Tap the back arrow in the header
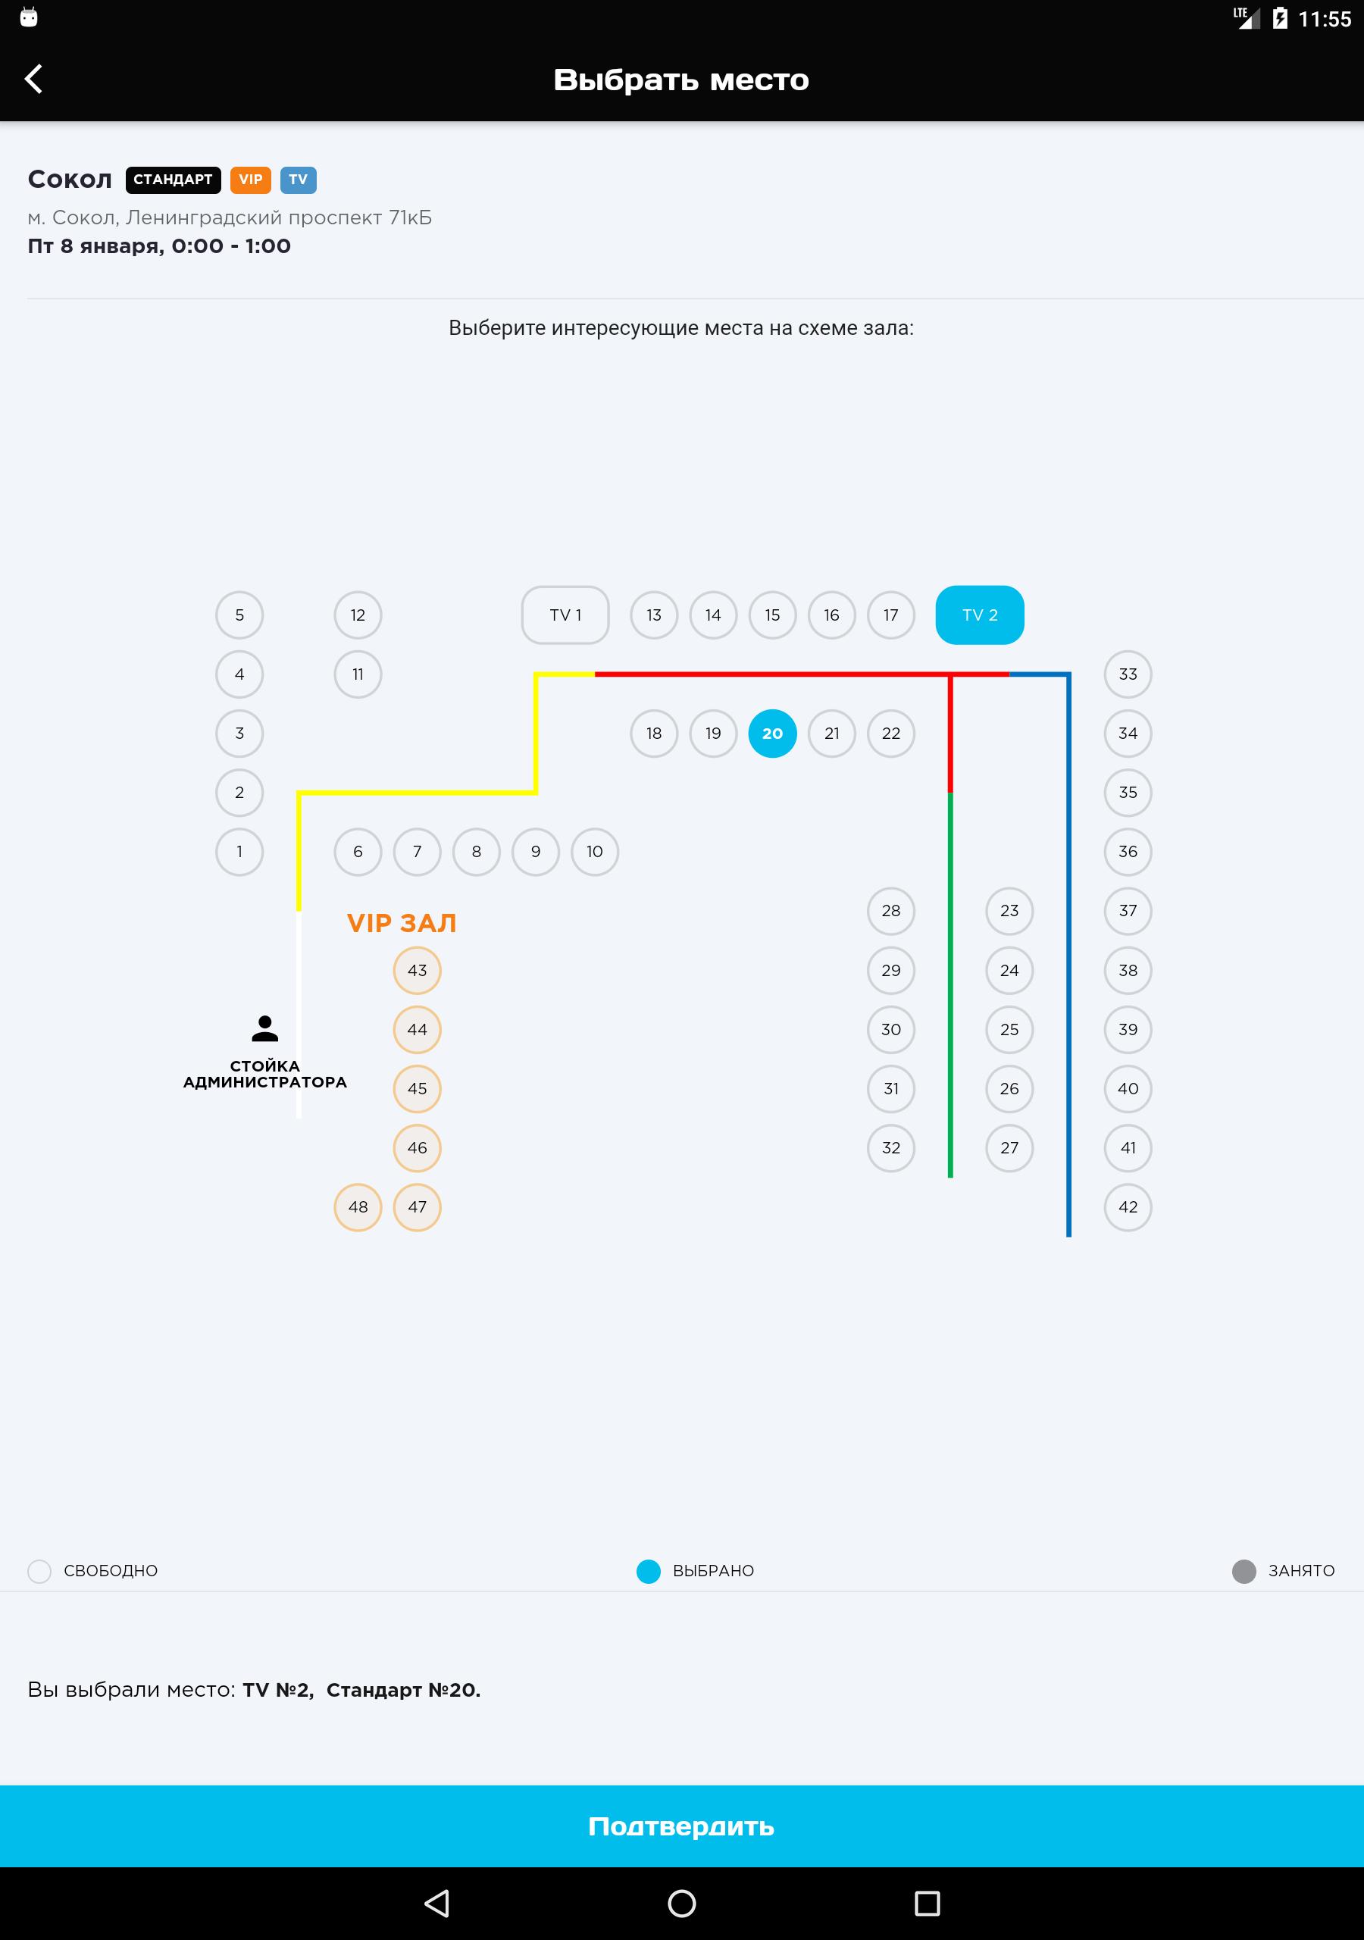click(34, 79)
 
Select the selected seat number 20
click(772, 734)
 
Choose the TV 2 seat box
click(980, 615)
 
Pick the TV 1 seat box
click(565, 615)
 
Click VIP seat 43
click(418, 970)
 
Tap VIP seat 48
click(358, 1206)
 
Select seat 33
click(1128, 674)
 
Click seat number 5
click(240, 615)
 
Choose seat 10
click(595, 852)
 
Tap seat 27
click(1009, 1147)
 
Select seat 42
click(1128, 1206)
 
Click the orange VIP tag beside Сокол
click(250, 180)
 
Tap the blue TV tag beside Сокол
click(299, 180)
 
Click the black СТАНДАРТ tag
click(174, 180)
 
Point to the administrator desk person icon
click(265, 1028)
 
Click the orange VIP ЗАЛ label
click(402, 924)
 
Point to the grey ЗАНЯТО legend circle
click(1244, 1571)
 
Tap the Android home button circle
click(682, 1904)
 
